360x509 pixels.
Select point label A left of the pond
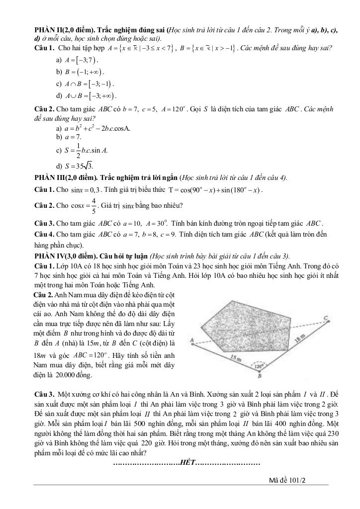[x=192, y=340]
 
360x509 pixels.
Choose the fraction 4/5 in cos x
[x=93, y=205]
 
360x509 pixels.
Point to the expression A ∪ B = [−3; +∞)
[x=90, y=95]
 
